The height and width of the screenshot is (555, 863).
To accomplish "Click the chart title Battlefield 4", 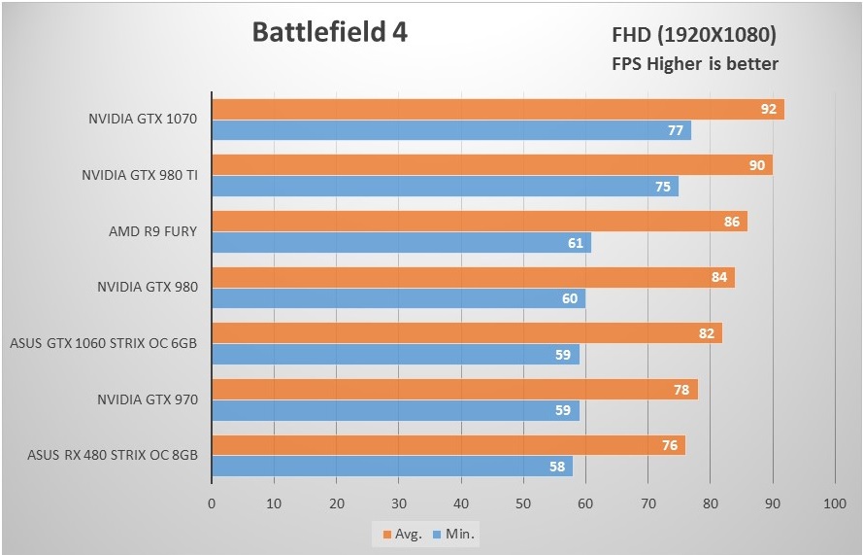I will (329, 32).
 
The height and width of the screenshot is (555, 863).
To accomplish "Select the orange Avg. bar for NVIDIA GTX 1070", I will (485, 109).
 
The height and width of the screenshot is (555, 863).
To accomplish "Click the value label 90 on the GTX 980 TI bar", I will (756, 165).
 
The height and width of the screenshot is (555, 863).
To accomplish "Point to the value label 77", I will (676, 130).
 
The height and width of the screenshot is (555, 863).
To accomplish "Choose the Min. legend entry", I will (455, 534).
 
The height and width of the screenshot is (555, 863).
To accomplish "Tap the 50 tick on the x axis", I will (523, 503).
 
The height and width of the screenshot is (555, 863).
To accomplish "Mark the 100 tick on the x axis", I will (835, 503).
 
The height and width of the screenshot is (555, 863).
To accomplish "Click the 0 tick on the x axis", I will (212, 503).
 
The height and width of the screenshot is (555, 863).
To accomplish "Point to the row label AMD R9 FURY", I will (152, 231).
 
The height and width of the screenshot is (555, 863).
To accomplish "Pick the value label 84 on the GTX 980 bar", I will (718, 278).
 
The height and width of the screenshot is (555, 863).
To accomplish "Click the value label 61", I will (576, 243).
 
